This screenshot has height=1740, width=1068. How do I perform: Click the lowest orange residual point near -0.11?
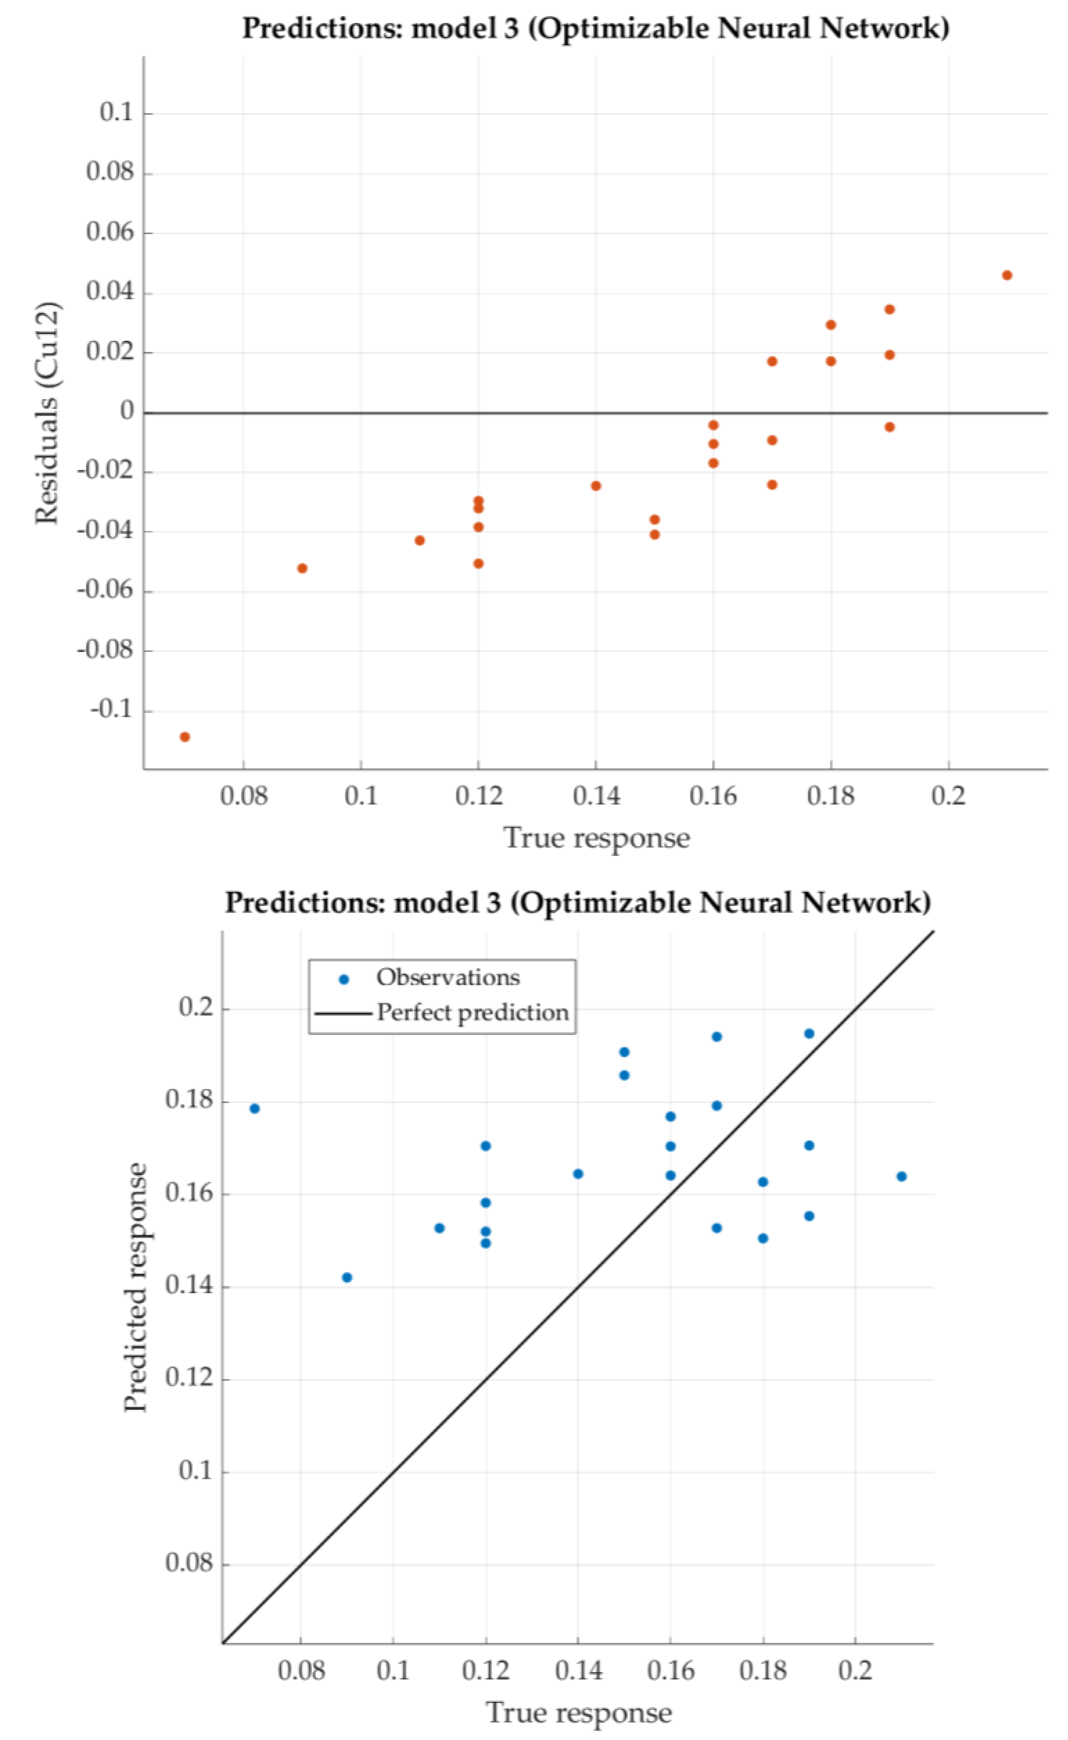(x=185, y=737)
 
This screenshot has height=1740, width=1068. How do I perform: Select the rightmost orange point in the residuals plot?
(x=1007, y=275)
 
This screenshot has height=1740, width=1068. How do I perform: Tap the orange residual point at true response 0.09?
(x=302, y=568)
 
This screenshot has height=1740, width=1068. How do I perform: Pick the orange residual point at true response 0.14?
(x=596, y=486)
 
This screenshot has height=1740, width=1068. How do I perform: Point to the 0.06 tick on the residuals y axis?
(x=109, y=232)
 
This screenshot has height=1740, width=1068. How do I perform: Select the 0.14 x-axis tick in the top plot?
(x=596, y=796)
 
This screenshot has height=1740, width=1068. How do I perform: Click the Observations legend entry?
(x=447, y=978)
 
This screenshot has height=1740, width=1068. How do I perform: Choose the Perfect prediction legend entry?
(x=472, y=1013)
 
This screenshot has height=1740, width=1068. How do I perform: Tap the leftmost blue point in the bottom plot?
(x=255, y=1109)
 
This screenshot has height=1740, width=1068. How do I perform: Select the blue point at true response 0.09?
(x=347, y=1277)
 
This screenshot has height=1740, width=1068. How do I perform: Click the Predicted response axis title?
(x=136, y=1287)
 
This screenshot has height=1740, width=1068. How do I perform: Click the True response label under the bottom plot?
(x=579, y=1713)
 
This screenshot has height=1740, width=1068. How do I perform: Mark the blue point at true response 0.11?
(x=440, y=1228)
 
